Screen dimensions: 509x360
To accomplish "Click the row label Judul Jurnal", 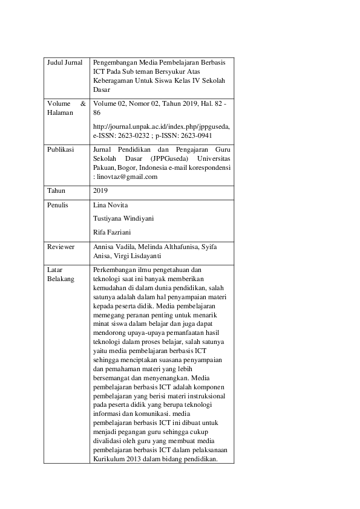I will [64, 63].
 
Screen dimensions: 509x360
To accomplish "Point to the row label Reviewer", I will [61, 247].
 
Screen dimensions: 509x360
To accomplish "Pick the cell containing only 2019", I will [100, 191].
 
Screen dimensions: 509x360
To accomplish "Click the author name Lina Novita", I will [111, 205].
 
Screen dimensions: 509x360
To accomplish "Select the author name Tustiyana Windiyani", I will [123, 218].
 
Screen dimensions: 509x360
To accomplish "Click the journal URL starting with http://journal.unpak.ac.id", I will [162, 126].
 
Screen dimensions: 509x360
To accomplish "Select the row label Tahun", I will [56, 191].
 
